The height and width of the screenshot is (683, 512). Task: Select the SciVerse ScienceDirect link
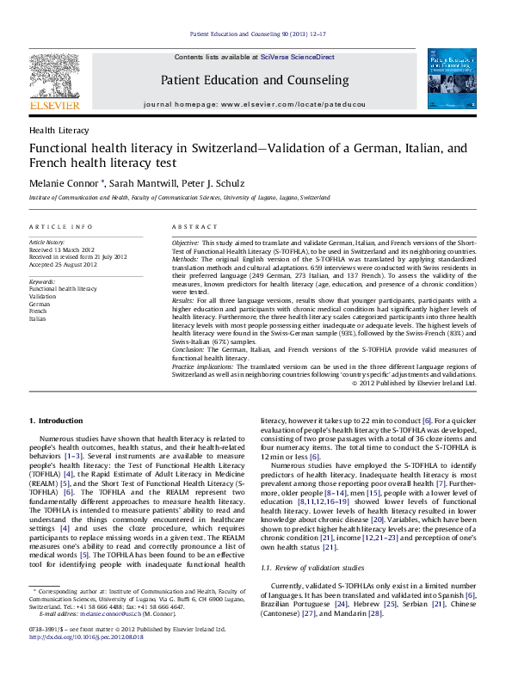pos(305,57)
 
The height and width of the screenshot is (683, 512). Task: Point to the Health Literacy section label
pos(59,130)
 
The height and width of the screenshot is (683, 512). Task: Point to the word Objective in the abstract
pos(186,243)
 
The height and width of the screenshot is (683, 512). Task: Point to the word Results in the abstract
pos(183,302)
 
